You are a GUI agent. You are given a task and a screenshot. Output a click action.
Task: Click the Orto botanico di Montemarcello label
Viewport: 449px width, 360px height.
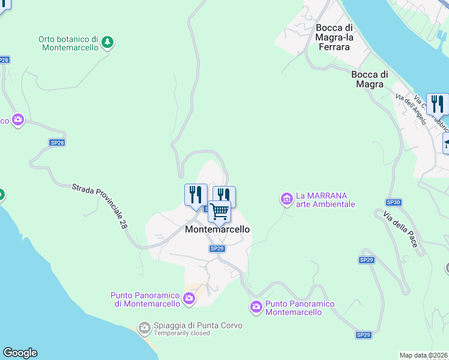tap(68, 43)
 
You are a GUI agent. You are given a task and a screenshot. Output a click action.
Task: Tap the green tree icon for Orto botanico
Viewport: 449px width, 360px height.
tap(107, 41)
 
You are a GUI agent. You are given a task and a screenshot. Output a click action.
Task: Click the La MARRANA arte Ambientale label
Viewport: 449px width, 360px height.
tap(325, 200)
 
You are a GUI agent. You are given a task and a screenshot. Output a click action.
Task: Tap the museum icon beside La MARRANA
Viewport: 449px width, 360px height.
tap(286, 198)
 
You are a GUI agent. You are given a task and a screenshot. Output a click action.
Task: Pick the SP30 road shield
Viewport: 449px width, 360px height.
tap(393, 202)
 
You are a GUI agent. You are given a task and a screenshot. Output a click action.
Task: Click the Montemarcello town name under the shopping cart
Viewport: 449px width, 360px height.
tap(217, 229)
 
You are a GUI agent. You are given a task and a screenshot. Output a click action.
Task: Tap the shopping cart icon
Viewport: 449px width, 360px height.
tap(220, 211)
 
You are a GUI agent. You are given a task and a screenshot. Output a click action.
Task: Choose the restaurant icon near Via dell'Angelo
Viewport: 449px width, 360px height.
tap(438, 103)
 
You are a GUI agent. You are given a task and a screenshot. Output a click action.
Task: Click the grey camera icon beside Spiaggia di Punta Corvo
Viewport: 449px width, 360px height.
tap(144, 327)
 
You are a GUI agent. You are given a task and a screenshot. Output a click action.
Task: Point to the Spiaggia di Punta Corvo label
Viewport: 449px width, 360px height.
tap(198, 325)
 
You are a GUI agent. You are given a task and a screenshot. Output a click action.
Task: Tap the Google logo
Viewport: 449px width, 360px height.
tap(20, 353)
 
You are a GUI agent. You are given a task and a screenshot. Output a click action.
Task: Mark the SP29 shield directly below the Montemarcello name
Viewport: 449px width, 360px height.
tap(217, 248)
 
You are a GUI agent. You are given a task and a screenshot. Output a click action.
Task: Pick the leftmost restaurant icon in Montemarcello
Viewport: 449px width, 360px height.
tap(196, 194)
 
